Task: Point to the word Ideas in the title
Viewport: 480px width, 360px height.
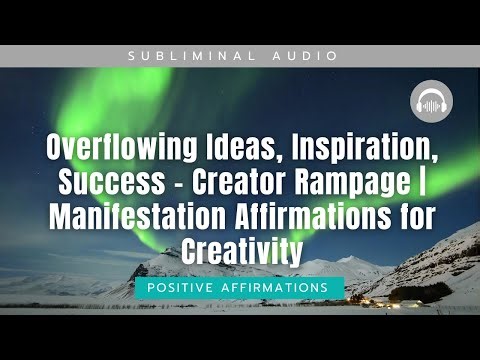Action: (234, 151)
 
